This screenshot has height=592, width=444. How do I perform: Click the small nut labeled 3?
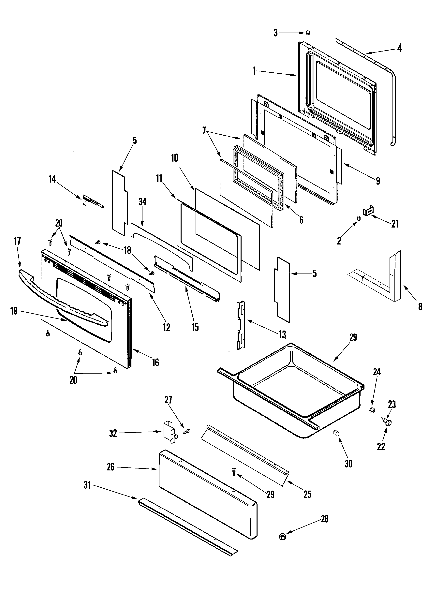point(308,33)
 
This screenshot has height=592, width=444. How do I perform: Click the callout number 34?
point(142,202)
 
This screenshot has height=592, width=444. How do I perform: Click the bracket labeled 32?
point(169,432)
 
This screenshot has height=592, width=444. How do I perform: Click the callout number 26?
point(111,467)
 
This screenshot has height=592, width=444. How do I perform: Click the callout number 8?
point(420,306)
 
